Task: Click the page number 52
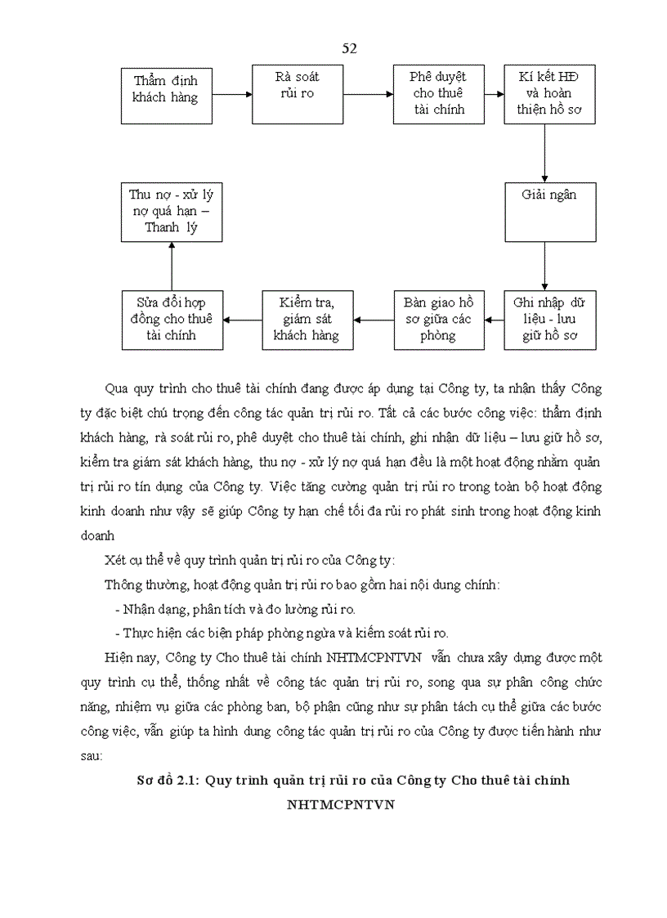pyautogui.click(x=349, y=48)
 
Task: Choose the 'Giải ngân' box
pyautogui.click(x=549, y=212)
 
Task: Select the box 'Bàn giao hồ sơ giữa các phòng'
pyautogui.click(x=438, y=320)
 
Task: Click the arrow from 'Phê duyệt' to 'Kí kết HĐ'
pyautogui.click(x=494, y=94)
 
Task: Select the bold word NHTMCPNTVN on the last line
pyautogui.click(x=340, y=804)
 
